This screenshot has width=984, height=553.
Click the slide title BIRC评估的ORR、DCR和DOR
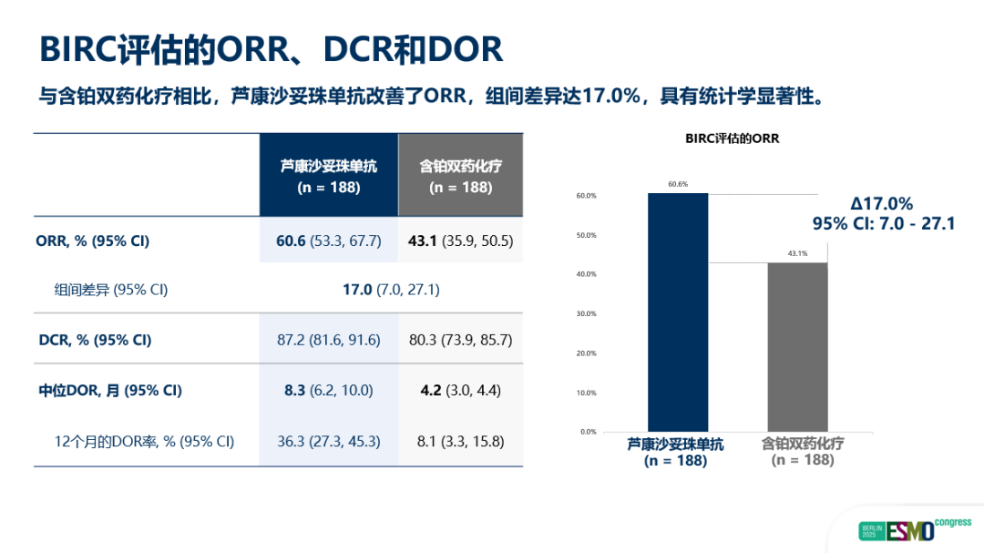(x=271, y=48)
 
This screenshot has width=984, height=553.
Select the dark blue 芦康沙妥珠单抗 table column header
(x=329, y=176)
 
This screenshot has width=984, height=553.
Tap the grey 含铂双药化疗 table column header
(x=461, y=176)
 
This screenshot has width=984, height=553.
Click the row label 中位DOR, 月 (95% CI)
(x=110, y=390)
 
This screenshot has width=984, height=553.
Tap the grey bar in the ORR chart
(x=797, y=346)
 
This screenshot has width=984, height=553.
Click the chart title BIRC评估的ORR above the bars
(x=733, y=138)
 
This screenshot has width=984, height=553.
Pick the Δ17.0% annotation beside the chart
(x=881, y=204)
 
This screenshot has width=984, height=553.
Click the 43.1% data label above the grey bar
(x=797, y=253)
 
